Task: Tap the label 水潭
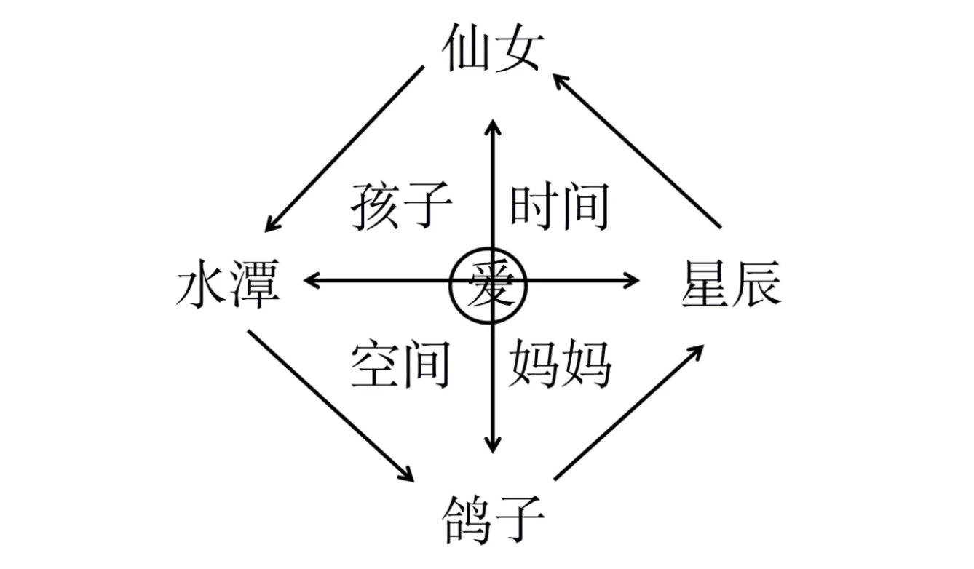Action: (228, 284)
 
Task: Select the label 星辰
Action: (732, 284)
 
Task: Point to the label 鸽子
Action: (494, 520)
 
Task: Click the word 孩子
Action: (401, 206)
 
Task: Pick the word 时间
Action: (559, 206)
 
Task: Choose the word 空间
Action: (400, 365)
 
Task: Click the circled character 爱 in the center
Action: (488, 285)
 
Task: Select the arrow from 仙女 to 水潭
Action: (344, 149)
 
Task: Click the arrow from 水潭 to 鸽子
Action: (331, 406)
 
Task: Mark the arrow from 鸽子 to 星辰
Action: (629, 413)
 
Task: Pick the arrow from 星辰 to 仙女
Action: (636, 151)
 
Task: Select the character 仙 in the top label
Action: (464, 48)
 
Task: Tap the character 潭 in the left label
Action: (256, 284)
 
